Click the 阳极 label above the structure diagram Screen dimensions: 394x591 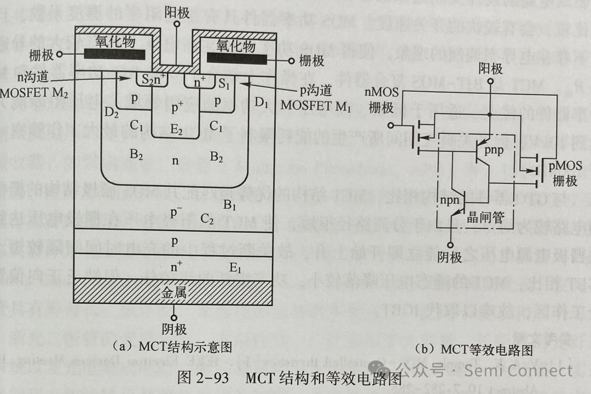(x=176, y=11)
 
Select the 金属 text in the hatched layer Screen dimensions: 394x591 (x=173, y=292)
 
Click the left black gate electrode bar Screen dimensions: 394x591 (x=114, y=54)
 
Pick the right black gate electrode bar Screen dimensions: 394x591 (x=236, y=58)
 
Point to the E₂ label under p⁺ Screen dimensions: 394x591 (x=176, y=130)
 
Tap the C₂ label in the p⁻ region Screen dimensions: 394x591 (x=207, y=219)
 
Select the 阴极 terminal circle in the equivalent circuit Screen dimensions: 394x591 (x=449, y=245)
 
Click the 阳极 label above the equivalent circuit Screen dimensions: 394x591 (x=490, y=68)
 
